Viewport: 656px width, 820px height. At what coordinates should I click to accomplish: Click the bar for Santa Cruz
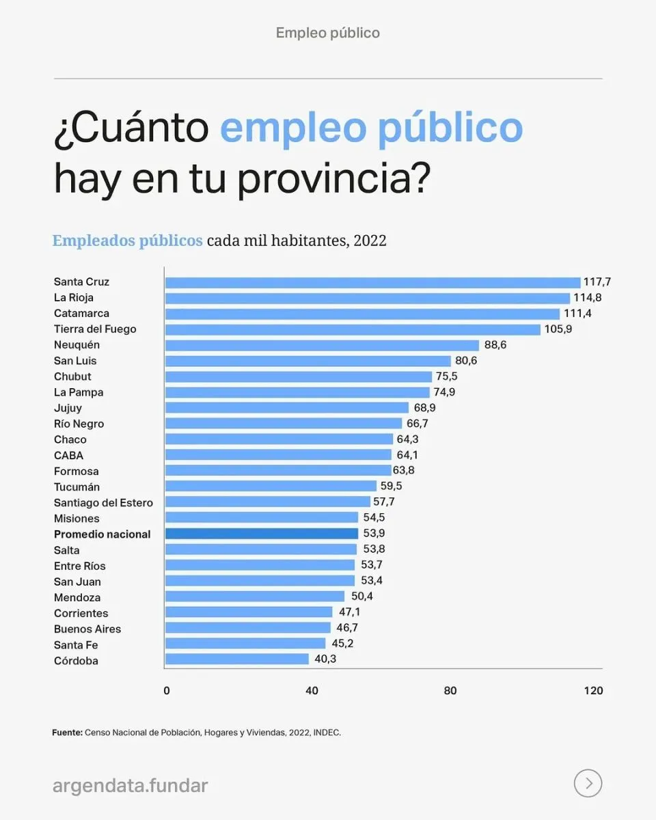(372, 282)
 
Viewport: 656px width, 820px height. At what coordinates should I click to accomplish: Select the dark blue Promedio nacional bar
(262, 534)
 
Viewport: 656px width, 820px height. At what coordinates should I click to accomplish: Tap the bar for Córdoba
(237, 659)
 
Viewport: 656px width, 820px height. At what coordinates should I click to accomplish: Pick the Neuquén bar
(322, 345)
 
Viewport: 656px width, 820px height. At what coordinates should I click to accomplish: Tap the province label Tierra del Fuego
(95, 329)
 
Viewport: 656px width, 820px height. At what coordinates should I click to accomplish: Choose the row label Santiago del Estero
(103, 503)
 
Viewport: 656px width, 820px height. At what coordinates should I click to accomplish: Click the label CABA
(68, 456)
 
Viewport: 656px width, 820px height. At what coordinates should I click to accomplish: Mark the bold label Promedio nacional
(102, 534)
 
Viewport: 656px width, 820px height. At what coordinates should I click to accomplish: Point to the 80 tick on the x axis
(450, 691)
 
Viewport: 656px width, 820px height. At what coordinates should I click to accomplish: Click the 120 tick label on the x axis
(593, 691)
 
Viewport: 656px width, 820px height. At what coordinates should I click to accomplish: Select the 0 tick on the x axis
(167, 691)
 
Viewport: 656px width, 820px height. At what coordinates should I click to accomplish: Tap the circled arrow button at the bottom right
(588, 783)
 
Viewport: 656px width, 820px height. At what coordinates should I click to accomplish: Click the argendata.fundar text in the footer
(130, 786)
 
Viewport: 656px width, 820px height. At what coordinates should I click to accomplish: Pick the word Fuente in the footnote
(66, 733)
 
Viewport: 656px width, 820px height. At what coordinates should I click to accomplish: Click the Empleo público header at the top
(328, 33)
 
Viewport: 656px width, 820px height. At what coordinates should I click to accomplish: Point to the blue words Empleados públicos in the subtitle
(127, 241)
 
